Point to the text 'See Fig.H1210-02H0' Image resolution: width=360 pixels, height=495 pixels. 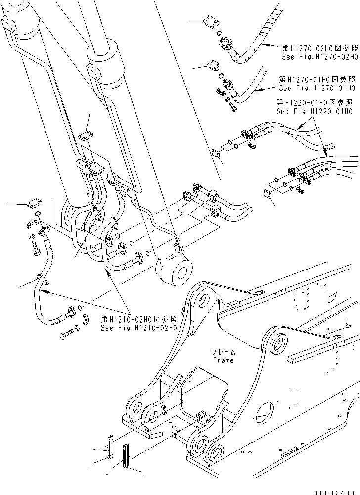coord(138,328)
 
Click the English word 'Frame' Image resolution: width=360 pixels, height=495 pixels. coord(223,360)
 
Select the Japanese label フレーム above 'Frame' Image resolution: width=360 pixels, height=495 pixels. coord(224,352)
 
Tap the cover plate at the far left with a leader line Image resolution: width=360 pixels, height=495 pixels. coord(34,202)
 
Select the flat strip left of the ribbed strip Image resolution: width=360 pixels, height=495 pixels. coord(110,445)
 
